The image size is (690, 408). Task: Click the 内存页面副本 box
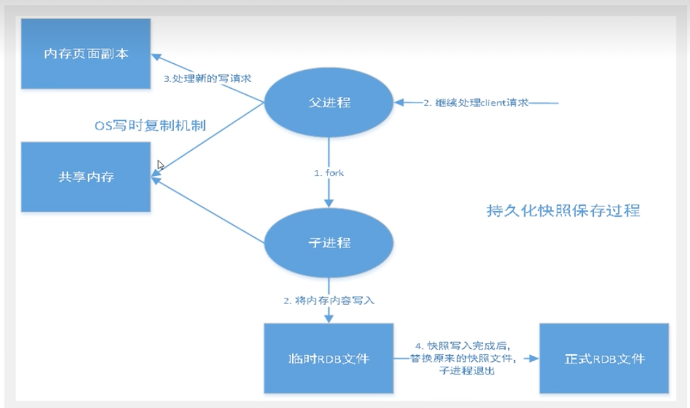click(86, 53)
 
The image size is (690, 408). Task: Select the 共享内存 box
click(86, 177)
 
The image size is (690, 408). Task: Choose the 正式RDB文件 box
click(605, 358)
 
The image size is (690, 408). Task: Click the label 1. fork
click(329, 173)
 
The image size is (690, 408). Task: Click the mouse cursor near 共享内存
click(160, 165)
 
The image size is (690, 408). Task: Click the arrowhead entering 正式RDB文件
click(534, 358)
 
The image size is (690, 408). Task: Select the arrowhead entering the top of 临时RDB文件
click(329, 318)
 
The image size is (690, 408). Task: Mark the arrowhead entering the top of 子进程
click(329, 203)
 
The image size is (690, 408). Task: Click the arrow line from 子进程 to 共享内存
click(206, 210)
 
